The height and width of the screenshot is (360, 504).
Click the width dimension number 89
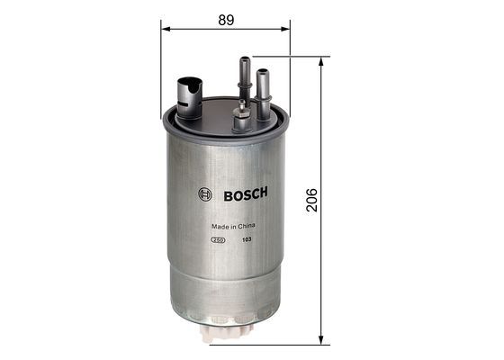[x=225, y=17]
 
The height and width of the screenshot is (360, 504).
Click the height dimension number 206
[x=311, y=198]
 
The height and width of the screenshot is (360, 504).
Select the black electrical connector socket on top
[x=187, y=94]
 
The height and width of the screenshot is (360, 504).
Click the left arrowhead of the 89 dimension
[x=166, y=29]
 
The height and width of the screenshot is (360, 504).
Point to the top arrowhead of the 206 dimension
[x=320, y=62]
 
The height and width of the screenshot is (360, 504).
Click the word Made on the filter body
[x=217, y=227]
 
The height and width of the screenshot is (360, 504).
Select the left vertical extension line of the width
[x=161, y=72]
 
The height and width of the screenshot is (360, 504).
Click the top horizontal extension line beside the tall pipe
[x=288, y=57]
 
